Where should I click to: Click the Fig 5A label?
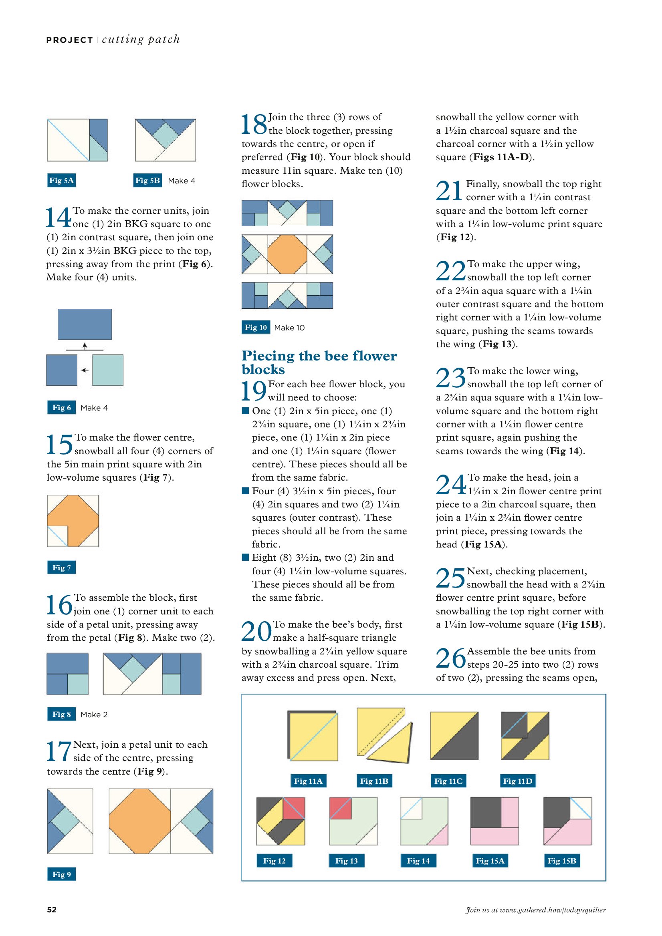click(61, 180)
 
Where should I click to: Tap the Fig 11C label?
click(448, 781)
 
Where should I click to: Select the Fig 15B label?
click(562, 861)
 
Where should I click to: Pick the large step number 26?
click(451, 658)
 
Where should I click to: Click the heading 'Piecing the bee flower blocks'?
click(319, 362)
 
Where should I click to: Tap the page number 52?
click(52, 910)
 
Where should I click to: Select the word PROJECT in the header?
click(70, 40)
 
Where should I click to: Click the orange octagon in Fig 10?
click(287, 254)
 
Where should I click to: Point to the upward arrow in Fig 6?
click(85, 346)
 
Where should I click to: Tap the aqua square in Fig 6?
click(108, 370)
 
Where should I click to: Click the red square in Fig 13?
click(340, 808)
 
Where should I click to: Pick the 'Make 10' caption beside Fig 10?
click(289, 328)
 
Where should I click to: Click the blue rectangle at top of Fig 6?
click(85, 324)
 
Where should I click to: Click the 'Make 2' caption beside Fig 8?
click(94, 715)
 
